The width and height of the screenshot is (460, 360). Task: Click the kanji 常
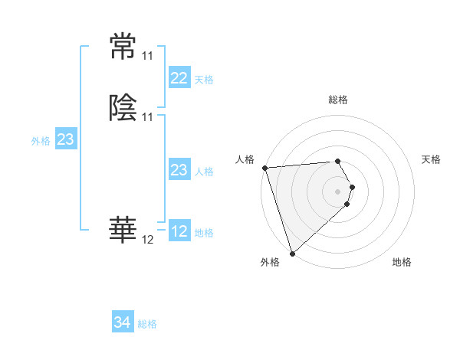[123, 47]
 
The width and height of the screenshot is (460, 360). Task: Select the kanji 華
[123, 231]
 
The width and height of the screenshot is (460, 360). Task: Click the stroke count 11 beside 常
[147, 56]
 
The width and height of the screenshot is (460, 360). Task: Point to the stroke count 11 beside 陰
[147, 116]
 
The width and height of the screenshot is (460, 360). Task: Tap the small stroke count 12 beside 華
[147, 240]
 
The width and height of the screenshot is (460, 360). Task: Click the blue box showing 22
[179, 78]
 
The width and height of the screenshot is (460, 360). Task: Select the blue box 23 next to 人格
[179, 170]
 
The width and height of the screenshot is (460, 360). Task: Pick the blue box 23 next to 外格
[65, 139]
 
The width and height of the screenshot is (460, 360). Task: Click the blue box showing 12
[179, 231]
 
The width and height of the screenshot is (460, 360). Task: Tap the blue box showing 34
[122, 322]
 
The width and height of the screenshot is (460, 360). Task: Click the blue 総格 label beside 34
[147, 324]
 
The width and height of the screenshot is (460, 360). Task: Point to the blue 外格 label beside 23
[41, 141]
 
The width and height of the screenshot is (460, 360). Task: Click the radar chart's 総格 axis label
[338, 100]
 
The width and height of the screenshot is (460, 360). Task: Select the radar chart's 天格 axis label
[431, 159]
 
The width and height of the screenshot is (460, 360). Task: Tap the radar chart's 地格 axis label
[402, 262]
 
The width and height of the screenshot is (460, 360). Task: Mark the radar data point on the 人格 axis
[264, 168]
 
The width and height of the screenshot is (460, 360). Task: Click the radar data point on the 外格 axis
[292, 253]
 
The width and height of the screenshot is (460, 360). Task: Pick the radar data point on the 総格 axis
[338, 161]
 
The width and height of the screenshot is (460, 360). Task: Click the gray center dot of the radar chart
[338, 191]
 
